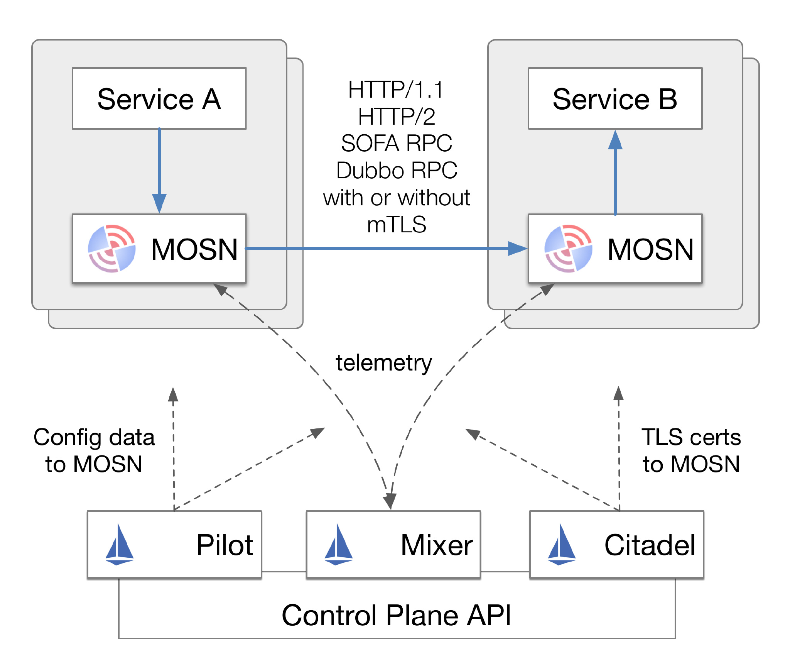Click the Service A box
pos(159,99)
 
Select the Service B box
pos(615,99)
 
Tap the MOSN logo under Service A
pos(112,249)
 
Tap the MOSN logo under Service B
pos(568,249)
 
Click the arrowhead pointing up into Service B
pos(615,140)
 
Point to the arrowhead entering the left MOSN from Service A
pos(159,203)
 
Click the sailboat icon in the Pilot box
pos(120,545)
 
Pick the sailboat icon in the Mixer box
pos(338,545)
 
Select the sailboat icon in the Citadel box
pos(562,545)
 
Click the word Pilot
pos(225,545)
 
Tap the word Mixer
pos(437,545)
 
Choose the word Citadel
pos(650,545)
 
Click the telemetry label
pos(383,363)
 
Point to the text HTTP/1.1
pos(396,90)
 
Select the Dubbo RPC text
pos(397,170)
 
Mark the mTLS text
pos(397,225)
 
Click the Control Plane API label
pos(396,615)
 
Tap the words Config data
pos(94,437)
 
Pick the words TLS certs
pos(691,437)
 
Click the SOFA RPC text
pos(397,143)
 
